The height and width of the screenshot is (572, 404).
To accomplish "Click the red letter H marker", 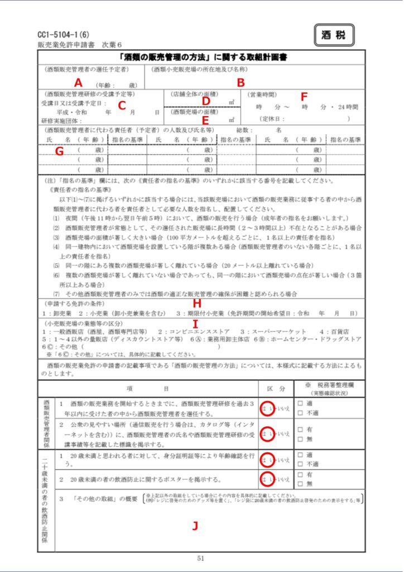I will point(196,302).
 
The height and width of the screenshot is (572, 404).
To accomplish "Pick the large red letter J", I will point(195,526).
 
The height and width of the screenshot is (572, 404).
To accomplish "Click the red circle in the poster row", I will point(267,479).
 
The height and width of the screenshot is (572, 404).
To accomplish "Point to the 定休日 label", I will point(273,118).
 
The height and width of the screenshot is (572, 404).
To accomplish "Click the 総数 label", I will point(246,130).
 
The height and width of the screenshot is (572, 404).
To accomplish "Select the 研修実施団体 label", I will point(61,121).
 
